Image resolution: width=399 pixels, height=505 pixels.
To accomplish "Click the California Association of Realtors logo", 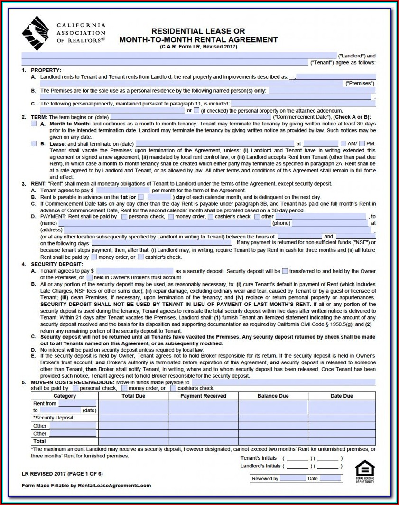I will click(x=35, y=33).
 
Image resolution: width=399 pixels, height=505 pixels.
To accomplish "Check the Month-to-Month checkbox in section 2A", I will click(x=34, y=124).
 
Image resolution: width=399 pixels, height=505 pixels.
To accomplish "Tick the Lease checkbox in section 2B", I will click(x=34, y=143).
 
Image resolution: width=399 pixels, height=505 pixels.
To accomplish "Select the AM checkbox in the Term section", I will click(x=343, y=143).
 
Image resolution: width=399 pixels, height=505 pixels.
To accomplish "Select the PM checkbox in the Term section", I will click(x=362, y=143).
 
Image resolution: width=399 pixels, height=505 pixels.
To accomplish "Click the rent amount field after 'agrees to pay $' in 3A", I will click(x=122, y=190).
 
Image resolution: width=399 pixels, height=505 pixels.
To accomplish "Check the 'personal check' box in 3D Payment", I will click(x=124, y=217).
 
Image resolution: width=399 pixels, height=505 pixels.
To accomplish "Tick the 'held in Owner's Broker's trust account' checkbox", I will click(x=89, y=277).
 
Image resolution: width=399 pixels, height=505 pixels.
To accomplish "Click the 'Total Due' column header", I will click(x=133, y=396).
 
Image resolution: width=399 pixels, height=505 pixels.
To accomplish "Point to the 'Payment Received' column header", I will click(x=203, y=396).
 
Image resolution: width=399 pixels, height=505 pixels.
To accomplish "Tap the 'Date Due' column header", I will click(x=342, y=396).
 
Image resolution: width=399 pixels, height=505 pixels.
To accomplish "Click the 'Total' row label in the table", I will click(x=40, y=441).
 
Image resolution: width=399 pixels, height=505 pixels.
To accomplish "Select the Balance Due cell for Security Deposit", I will click(x=273, y=418).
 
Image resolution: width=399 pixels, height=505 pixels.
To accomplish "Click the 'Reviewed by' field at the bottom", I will click(x=293, y=478).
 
